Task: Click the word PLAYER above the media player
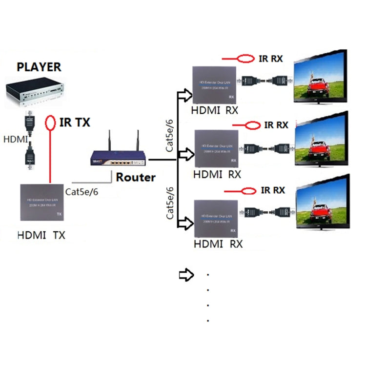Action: point(39,67)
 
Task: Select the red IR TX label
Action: point(75,122)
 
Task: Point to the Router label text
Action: point(136,177)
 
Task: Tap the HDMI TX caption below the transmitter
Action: point(41,236)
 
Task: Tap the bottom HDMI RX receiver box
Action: point(216,218)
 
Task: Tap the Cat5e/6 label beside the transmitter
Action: point(82,192)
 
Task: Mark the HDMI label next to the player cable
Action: point(16,140)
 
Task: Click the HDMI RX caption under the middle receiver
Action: point(218,174)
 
